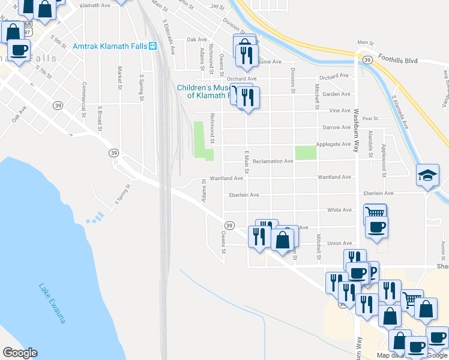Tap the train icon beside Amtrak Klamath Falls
[x=153, y=46]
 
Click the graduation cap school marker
[x=427, y=175]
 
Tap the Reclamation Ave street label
[x=273, y=161]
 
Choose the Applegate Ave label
[x=337, y=144]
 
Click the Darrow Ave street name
[x=337, y=127]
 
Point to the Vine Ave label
[x=339, y=110]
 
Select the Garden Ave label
[x=336, y=94]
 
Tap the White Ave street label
[x=339, y=210]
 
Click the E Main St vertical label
[x=246, y=164]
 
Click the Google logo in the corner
[x=20, y=353]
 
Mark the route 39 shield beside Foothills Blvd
[x=366, y=58]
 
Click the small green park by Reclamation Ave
[x=306, y=152]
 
